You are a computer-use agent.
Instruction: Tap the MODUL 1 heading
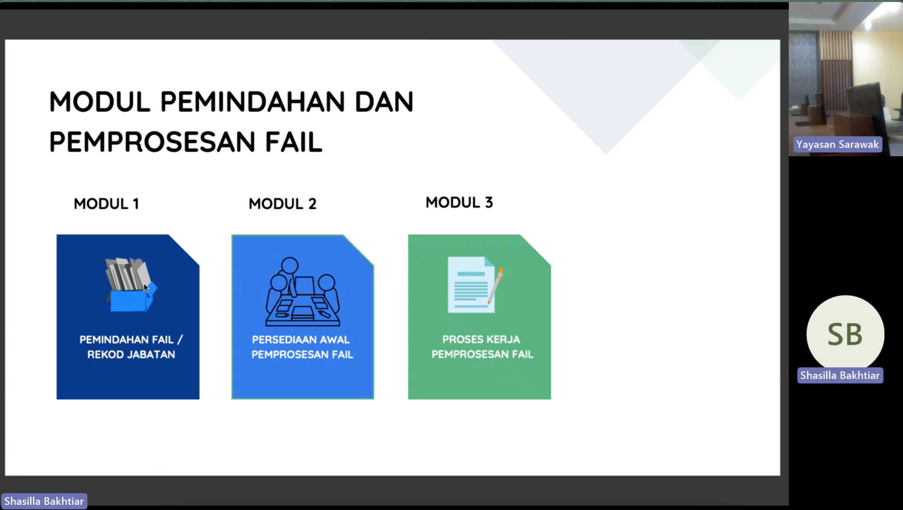(x=107, y=204)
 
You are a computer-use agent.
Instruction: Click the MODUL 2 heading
(x=282, y=204)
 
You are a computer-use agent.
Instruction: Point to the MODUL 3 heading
(x=459, y=202)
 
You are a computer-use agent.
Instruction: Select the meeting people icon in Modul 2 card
(x=303, y=292)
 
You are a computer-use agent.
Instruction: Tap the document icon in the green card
(x=471, y=285)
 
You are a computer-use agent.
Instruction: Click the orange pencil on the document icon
(x=495, y=286)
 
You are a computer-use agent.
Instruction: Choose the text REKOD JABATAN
(x=131, y=355)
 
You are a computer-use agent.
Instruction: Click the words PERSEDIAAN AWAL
(x=301, y=340)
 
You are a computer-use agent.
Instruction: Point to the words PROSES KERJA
(x=481, y=339)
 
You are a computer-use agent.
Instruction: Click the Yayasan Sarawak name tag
(x=837, y=144)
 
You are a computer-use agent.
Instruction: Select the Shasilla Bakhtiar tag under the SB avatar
(x=840, y=375)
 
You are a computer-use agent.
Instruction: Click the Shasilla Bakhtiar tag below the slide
(x=44, y=501)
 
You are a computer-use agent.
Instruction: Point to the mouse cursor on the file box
(x=146, y=287)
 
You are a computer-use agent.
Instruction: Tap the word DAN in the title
(x=384, y=102)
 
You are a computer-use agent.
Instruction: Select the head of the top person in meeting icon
(x=290, y=265)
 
